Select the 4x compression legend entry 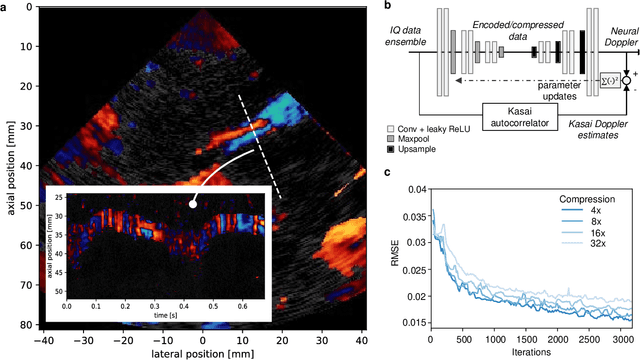pyautogui.click(x=593, y=210)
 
